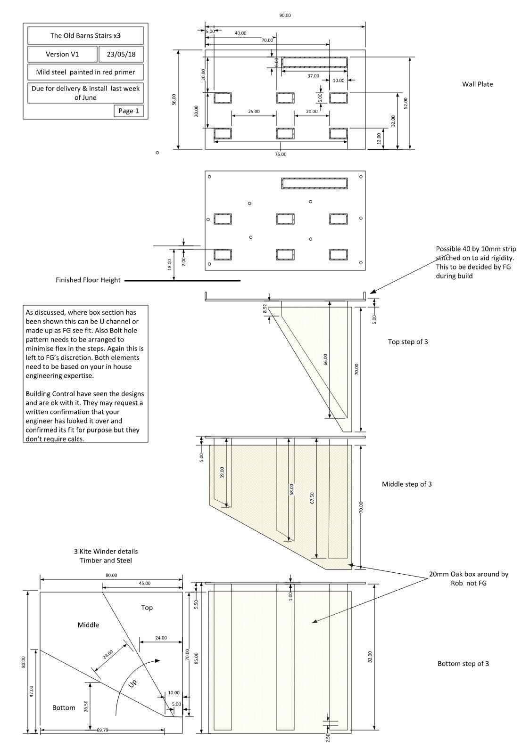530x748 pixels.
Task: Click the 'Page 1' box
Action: pyautogui.click(x=128, y=111)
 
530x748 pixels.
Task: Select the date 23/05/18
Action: pyautogui.click(x=121, y=54)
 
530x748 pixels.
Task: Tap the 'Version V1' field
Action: pyautogui.click(x=62, y=54)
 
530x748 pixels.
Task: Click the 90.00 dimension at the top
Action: pyautogui.click(x=285, y=16)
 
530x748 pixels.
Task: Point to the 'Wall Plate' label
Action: pyautogui.click(x=477, y=84)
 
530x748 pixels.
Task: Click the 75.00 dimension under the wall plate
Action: pyautogui.click(x=281, y=154)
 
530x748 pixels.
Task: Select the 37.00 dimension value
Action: pyautogui.click(x=313, y=76)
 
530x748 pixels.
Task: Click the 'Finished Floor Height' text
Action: pyautogui.click(x=88, y=280)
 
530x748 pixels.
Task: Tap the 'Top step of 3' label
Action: pyautogui.click(x=408, y=342)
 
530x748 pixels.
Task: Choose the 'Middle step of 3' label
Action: pyautogui.click(x=406, y=484)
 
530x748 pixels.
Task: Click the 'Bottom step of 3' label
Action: pyautogui.click(x=463, y=664)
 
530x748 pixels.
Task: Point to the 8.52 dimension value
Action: pyautogui.click(x=265, y=308)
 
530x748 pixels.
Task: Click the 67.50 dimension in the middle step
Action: pyautogui.click(x=312, y=498)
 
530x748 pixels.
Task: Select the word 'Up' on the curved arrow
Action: pyautogui.click(x=133, y=683)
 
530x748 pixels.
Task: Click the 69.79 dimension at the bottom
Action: pyautogui.click(x=102, y=730)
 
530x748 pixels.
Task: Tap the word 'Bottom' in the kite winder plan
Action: pyautogui.click(x=64, y=708)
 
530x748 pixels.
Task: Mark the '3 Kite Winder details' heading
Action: pyautogui.click(x=106, y=552)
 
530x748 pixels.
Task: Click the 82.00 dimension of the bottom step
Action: pyautogui.click(x=370, y=657)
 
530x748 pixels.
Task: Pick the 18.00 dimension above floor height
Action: pyautogui.click(x=170, y=265)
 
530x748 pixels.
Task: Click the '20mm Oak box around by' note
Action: pyautogui.click(x=468, y=575)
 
